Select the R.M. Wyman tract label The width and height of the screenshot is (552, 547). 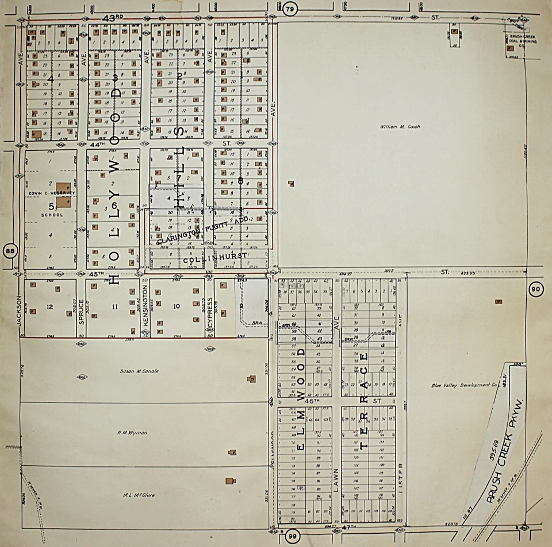tap(136, 431)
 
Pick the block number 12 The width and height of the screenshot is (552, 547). tap(49, 307)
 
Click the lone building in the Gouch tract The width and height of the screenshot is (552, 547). tap(291, 184)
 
